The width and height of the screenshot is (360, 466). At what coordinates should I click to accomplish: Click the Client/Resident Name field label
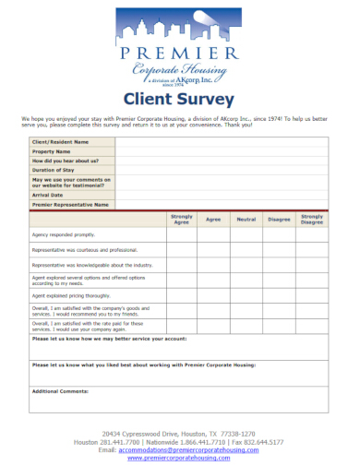click(61, 141)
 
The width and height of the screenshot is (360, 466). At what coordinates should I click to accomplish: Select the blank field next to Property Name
click(222, 151)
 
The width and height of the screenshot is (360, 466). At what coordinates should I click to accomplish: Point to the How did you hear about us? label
click(67, 161)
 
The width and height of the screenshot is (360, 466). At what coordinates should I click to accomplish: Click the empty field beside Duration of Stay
click(222, 171)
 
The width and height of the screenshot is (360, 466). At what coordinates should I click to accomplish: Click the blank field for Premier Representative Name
click(222, 204)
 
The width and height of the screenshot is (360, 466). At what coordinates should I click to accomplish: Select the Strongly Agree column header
click(181, 219)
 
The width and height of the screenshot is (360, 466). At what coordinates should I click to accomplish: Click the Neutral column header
click(246, 219)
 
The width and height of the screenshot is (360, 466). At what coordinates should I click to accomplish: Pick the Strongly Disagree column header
click(312, 219)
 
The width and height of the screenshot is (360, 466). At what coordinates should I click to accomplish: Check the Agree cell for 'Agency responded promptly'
click(213, 234)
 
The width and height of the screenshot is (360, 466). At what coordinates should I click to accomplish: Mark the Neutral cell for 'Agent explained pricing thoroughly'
click(246, 295)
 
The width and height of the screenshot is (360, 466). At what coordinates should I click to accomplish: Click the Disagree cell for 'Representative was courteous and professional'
click(279, 250)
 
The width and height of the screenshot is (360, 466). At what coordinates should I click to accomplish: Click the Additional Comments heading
click(60, 391)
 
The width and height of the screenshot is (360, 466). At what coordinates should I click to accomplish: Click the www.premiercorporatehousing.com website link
click(179, 457)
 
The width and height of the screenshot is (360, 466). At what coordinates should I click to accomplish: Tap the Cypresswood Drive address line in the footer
click(179, 433)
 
